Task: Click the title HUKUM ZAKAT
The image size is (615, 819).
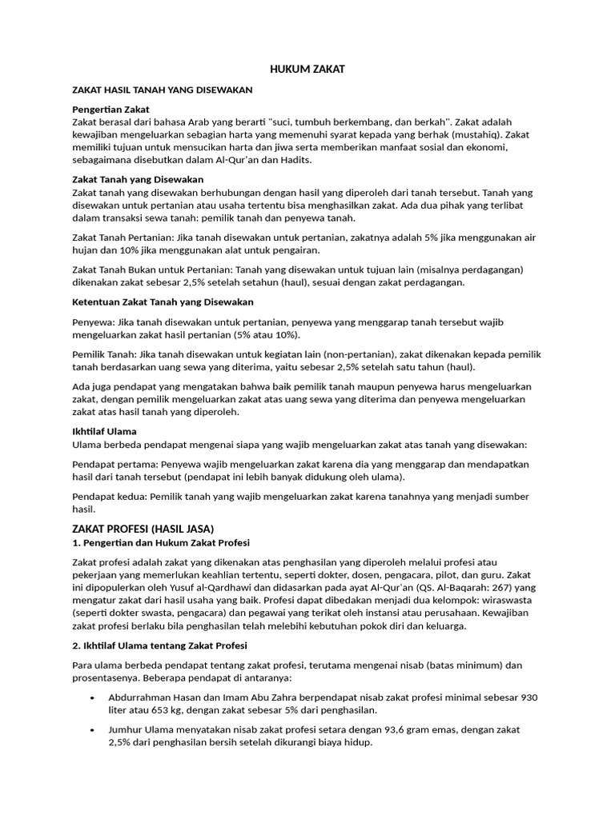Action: tap(307, 70)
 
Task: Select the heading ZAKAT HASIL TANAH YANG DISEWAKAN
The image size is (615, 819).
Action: tap(163, 90)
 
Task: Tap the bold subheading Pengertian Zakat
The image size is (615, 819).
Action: tap(111, 109)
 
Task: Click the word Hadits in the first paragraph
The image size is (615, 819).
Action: tap(297, 160)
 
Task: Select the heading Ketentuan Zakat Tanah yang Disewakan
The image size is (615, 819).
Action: tap(163, 302)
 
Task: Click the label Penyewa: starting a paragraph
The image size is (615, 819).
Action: tap(93, 322)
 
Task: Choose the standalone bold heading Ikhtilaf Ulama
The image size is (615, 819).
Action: tap(104, 431)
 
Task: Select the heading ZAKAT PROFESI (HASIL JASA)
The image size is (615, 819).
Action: tap(143, 529)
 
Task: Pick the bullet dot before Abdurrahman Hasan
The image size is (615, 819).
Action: tap(94, 698)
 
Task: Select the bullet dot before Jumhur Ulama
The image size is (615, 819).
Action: tap(94, 730)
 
